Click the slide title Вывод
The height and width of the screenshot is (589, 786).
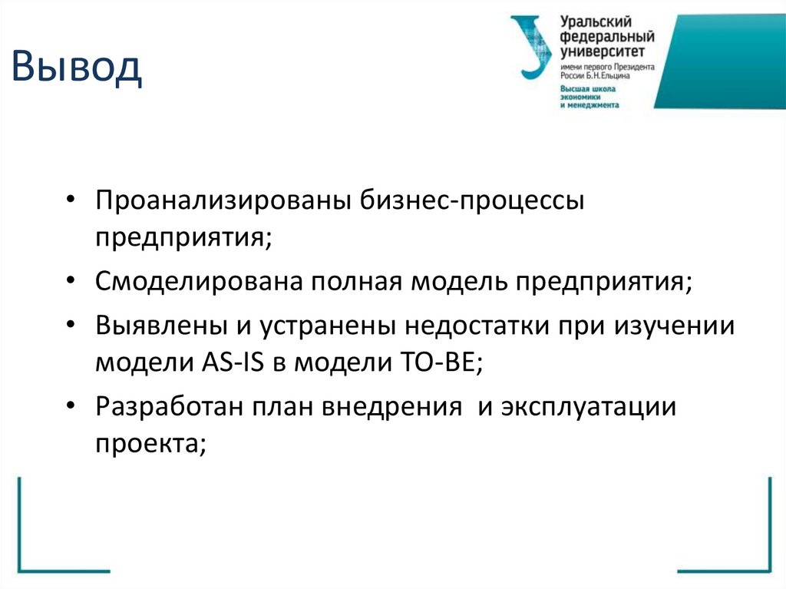coord(76,68)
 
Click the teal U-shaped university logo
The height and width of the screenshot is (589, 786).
coord(531,47)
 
